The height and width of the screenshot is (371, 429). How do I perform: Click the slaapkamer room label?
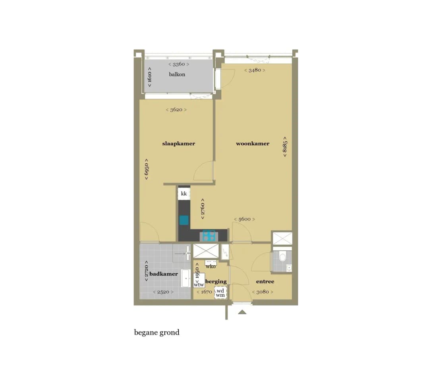179,143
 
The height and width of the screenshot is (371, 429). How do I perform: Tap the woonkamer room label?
253,143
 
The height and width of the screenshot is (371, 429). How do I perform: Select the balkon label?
177,74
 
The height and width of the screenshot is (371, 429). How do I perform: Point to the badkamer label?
164,274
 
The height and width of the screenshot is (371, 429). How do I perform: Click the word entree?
265,281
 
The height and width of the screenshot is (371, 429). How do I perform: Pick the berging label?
216,282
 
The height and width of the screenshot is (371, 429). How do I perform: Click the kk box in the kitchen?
184,194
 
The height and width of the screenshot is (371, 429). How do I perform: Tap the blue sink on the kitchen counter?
184,220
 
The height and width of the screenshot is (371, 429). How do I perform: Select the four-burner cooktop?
209,236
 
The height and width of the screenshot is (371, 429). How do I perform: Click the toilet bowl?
282,257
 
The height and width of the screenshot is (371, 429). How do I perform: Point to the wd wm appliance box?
220,293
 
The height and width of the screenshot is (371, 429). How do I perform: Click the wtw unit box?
199,280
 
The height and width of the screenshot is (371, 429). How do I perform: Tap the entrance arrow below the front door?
242,312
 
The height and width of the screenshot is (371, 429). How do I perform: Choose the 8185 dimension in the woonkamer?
285,147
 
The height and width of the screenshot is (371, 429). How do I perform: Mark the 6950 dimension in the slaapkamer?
146,169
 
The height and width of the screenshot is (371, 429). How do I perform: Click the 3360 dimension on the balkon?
179,64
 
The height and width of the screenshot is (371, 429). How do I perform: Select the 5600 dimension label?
244,219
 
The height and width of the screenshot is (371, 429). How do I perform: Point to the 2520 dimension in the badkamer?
163,292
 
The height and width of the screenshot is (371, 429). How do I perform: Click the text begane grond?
157,332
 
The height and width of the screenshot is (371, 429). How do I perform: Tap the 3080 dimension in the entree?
263,292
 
